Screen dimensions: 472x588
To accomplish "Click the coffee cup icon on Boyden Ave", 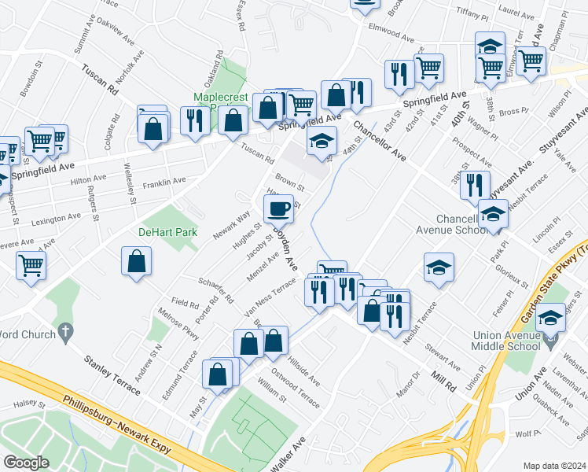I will [281, 209].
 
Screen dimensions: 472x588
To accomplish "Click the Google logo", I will [27, 462].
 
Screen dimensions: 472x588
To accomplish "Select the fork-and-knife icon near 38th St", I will [475, 186].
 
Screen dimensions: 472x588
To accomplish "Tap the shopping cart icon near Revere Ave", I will [31, 264].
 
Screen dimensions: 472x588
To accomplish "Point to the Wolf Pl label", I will [528, 433].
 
